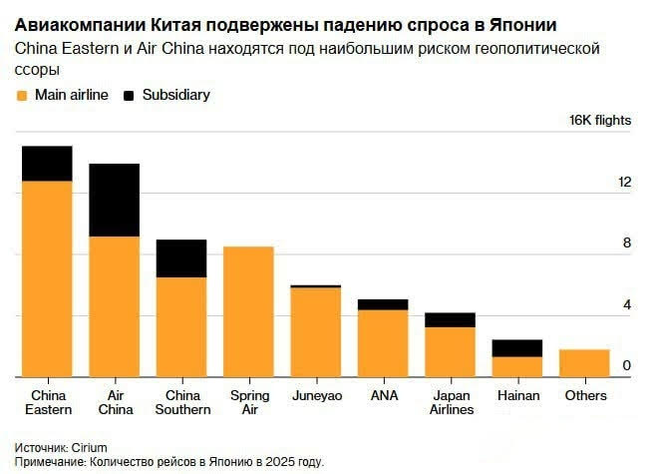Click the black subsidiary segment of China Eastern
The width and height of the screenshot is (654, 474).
[47, 164]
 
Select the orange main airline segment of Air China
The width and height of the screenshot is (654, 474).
[114, 306]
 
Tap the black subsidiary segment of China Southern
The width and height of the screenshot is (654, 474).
[180, 258]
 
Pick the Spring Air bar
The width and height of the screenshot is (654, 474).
[248, 311]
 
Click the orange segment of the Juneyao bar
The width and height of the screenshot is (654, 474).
[315, 332]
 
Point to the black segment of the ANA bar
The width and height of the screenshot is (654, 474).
[383, 304]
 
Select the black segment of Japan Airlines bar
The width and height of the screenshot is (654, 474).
[450, 319]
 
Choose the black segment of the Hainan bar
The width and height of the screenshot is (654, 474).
[517, 348]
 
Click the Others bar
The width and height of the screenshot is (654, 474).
[584, 363]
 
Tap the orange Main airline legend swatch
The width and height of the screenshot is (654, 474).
[21, 96]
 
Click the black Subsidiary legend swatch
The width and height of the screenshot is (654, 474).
[129, 96]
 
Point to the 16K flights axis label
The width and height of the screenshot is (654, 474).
[600, 120]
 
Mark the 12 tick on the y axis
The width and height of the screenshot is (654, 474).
[625, 183]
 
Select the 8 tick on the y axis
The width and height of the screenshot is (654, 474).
[626, 243]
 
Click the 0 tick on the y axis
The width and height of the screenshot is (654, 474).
[626, 366]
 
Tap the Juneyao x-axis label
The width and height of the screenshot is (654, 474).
[315, 396]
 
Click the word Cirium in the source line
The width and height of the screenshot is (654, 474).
[89, 447]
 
